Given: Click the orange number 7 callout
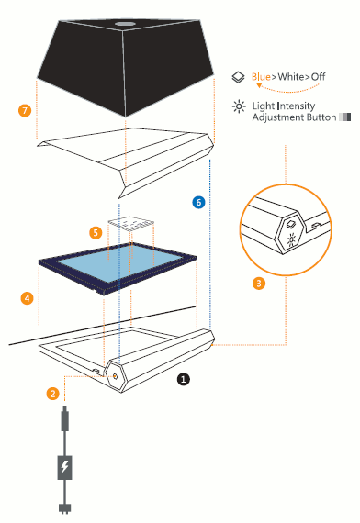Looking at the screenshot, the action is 25,110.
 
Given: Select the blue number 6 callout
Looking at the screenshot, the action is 198,202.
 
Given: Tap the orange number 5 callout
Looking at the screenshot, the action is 96,232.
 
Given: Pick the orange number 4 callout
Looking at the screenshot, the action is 28,298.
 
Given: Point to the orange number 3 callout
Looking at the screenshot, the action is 259,284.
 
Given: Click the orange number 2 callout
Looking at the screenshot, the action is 52,394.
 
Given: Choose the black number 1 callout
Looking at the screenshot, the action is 183,379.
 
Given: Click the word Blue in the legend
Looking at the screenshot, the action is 261,77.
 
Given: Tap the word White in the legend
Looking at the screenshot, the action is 291,77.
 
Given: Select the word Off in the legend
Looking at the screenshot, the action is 319,77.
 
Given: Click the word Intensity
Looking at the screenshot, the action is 297,106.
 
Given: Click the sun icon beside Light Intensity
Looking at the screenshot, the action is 239,106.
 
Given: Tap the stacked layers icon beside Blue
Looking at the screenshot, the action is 238,77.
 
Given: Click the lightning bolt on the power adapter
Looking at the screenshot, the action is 64,466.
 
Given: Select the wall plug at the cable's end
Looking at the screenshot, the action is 65,508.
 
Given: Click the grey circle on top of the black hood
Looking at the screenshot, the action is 125,24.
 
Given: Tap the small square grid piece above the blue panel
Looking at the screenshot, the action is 131,223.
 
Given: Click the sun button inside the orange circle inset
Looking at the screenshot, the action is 291,239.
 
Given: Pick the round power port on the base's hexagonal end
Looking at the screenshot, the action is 115,376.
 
